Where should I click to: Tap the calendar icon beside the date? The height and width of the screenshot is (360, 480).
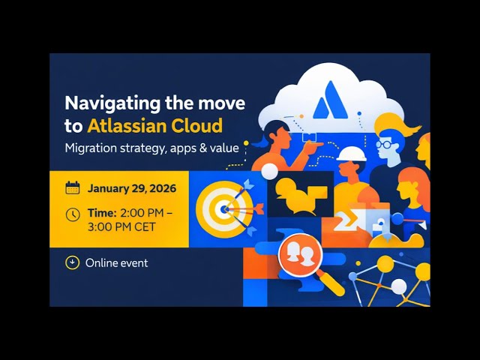click(73, 188)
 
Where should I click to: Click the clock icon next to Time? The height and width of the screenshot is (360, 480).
click(73, 214)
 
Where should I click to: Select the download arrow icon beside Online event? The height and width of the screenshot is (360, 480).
click(73, 262)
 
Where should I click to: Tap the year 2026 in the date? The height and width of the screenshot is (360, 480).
click(159, 188)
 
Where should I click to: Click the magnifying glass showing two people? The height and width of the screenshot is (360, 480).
click(298, 253)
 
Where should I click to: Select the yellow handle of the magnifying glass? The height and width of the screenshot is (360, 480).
click(331, 283)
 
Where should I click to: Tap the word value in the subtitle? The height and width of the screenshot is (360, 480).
click(223, 148)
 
